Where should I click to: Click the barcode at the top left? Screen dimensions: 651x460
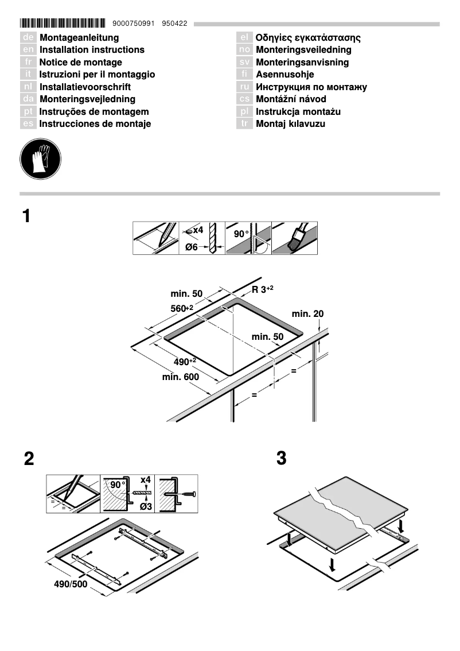point(63,24)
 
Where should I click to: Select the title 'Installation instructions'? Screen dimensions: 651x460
point(92,50)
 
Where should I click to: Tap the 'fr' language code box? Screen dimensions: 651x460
point(28,62)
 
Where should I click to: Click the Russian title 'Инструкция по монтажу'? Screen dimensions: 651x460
point(311,87)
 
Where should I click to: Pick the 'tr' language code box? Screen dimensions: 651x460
point(244,124)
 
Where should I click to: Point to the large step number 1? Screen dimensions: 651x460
point(26,216)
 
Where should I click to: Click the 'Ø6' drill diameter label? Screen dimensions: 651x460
point(192,247)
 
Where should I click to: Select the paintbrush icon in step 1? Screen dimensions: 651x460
point(294,238)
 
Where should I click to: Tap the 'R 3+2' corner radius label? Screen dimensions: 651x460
point(263,289)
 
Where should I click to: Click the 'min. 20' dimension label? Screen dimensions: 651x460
point(307,313)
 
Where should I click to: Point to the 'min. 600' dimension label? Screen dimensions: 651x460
point(180,377)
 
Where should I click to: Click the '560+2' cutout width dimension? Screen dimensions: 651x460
point(182,309)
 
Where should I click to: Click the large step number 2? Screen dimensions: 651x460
point(29,459)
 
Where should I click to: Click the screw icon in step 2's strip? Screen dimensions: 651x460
point(187,494)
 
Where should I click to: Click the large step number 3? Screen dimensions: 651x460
point(281,459)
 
